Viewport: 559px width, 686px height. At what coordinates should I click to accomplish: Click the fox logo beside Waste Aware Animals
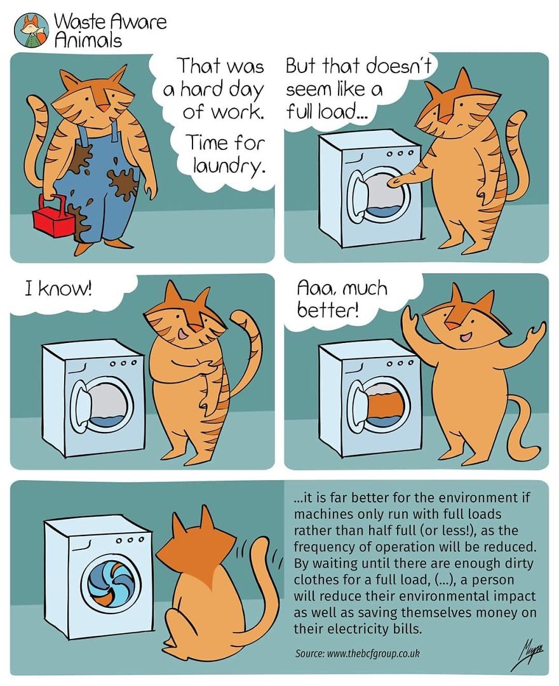[30, 29]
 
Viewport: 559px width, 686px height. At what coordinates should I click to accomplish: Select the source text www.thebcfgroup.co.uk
[374, 653]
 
